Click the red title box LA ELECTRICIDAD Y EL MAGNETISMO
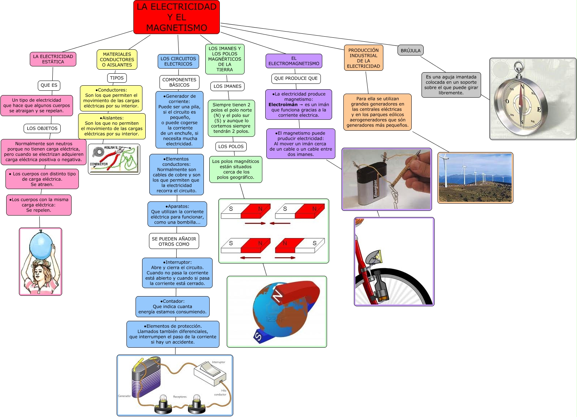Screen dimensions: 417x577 click(x=177, y=17)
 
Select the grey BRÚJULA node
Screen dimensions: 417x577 click(x=411, y=50)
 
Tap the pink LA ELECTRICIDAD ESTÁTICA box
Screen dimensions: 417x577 click(x=53, y=59)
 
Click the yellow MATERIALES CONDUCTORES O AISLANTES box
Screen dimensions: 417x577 click(x=117, y=60)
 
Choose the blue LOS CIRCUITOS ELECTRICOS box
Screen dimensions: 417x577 click(x=178, y=61)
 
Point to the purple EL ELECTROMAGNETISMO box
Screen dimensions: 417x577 click(x=294, y=61)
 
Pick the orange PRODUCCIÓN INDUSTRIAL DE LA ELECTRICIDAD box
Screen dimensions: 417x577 click(x=363, y=58)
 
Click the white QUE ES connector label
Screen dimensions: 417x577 click(x=49, y=85)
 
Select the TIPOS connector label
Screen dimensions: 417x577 click(x=117, y=78)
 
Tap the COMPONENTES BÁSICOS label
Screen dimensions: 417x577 click(x=179, y=82)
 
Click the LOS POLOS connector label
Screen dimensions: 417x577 click(x=231, y=146)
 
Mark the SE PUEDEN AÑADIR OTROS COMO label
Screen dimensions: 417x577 click(x=174, y=241)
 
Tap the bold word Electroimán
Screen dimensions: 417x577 click(x=283, y=105)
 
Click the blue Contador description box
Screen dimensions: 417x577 click(x=172, y=307)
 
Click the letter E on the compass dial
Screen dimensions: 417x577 click(x=539, y=110)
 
